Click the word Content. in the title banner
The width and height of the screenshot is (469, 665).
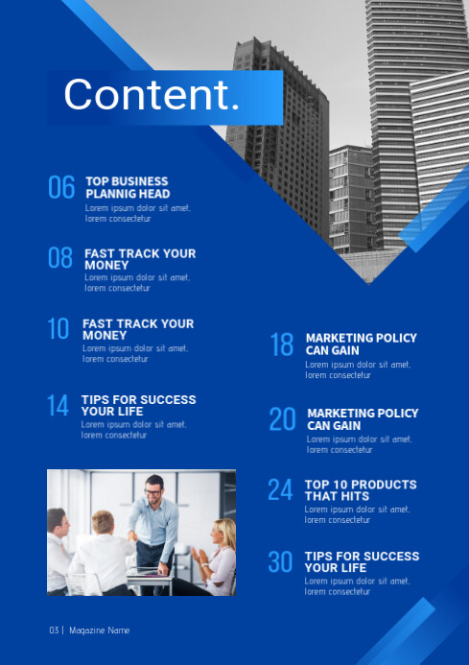coord(152,95)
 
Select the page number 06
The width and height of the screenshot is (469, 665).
coord(61,187)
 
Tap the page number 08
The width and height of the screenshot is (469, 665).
coord(60,257)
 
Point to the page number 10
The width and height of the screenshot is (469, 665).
coord(59,329)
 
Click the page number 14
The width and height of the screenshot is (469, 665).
coord(59,405)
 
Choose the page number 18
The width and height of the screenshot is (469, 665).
coord(281,344)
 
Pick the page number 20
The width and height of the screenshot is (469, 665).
coord(282,418)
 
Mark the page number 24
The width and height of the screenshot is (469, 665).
coord(280,490)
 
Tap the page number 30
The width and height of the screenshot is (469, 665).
coord(280,562)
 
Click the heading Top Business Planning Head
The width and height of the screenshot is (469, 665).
coord(127,187)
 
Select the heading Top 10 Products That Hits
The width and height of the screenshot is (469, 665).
coord(361,490)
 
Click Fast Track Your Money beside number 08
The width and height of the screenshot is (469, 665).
coord(139,259)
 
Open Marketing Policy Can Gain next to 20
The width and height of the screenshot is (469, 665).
coord(363,419)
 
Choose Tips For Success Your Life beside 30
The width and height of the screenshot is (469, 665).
coord(362,561)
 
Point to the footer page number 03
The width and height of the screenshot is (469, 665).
coord(55,630)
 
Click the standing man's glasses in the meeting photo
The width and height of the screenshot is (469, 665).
coord(153,492)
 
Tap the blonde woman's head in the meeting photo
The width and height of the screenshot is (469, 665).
coord(223,531)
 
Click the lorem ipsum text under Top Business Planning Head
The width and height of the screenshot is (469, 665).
coord(137,213)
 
